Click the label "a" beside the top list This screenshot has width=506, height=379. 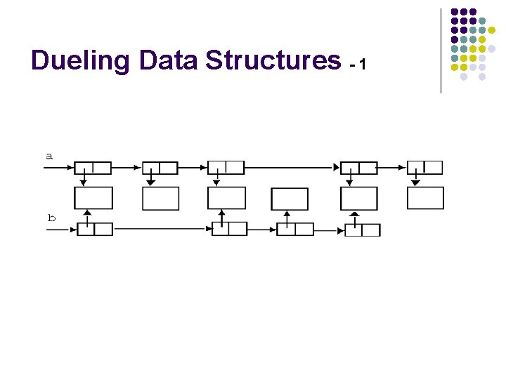[x=49, y=156]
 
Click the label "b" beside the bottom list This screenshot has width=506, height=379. [x=51, y=218]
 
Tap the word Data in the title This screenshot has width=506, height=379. [x=169, y=61]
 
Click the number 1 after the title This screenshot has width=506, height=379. [x=362, y=65]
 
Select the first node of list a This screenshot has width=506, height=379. [x=93, y=168]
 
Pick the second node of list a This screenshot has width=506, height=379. [x=160, y=168]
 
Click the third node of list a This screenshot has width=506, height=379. [x=226, y=168]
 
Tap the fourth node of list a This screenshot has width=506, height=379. [x=359, y=168]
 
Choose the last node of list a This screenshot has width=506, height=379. [x=425, y=167]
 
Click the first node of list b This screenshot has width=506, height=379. [x=95, y=229]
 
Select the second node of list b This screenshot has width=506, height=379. [x=230, y=229]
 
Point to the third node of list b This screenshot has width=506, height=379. [x=295, y=229]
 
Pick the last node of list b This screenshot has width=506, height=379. [x=363, y=230]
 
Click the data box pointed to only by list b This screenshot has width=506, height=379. [x=290, y=199]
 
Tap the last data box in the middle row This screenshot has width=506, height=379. [x=425, y=199]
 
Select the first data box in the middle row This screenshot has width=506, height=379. [x=93, y=199]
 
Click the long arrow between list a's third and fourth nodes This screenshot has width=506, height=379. [x=292, y=168]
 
